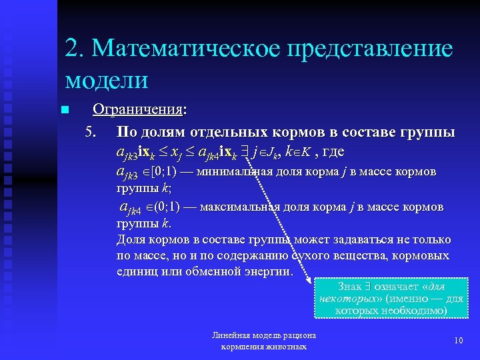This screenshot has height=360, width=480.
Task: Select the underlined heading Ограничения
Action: [x=139, y=109]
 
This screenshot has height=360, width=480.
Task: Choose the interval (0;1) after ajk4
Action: [x=160, y=207]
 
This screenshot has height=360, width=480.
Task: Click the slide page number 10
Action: [x=458, y=341]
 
